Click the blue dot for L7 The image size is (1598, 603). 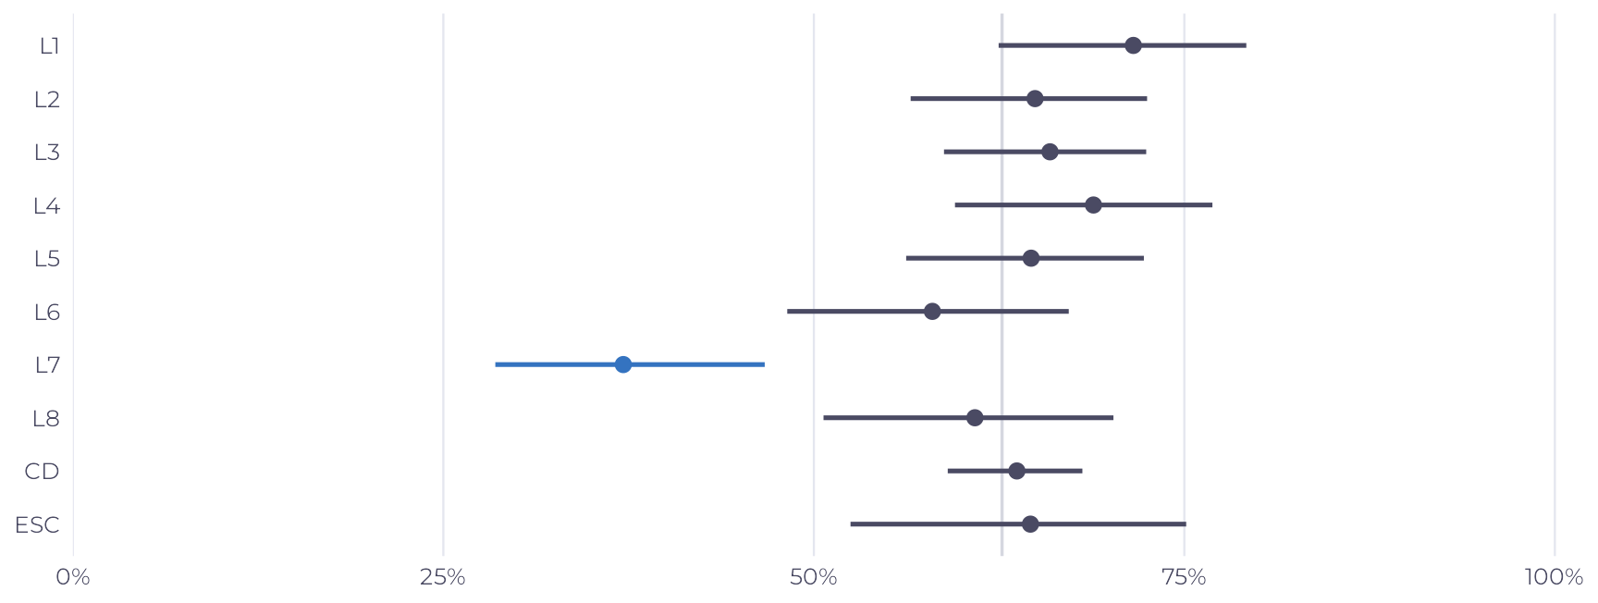click(623, 364)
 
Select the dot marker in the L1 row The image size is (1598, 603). click(1133, 45)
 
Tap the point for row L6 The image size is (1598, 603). click(932, 311)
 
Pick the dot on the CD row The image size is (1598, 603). click(1016, 471)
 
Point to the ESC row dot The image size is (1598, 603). click(1030, 524)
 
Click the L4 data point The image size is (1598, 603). click(1093, 204)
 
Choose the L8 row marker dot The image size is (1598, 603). click(975, 418)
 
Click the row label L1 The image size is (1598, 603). click(50, 46)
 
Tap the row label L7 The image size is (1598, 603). click(48, 365)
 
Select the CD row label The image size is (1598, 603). click(43, 472)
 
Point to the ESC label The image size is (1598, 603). click(38, 525)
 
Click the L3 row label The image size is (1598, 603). click(47, 153)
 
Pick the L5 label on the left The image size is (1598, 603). click(47, 259)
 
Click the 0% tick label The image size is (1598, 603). click(73, 578)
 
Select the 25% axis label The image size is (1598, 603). click(443, 578)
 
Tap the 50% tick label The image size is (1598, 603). click(814, 578)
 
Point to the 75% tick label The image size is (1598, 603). click(1185, 578)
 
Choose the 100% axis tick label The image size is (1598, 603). click(1555, 578)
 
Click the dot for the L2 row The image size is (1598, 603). click(1035, 99)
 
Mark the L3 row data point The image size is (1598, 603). click(1050, 152)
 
